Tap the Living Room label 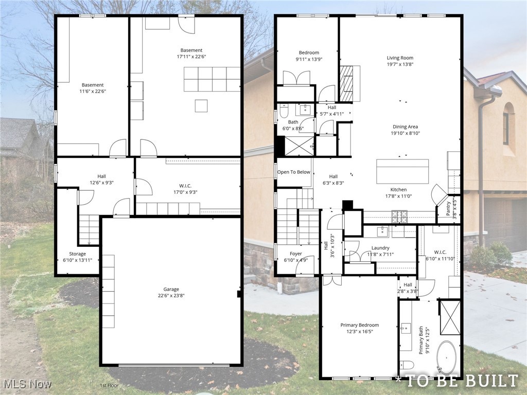[400, 58]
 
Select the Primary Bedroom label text [359, 325]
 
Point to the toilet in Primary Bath [407, 365]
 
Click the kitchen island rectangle [402, 171]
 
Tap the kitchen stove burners [400, 217]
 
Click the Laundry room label [380, 248]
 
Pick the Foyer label [296, 254]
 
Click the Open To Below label [294, 172]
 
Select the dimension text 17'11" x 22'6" [191, 57]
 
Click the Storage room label [78, 254]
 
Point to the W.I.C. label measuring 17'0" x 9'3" [188, 186]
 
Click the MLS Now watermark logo [26, 384]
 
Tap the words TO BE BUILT [461, 381]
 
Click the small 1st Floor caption [110, 385]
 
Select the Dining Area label [406, 127]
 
